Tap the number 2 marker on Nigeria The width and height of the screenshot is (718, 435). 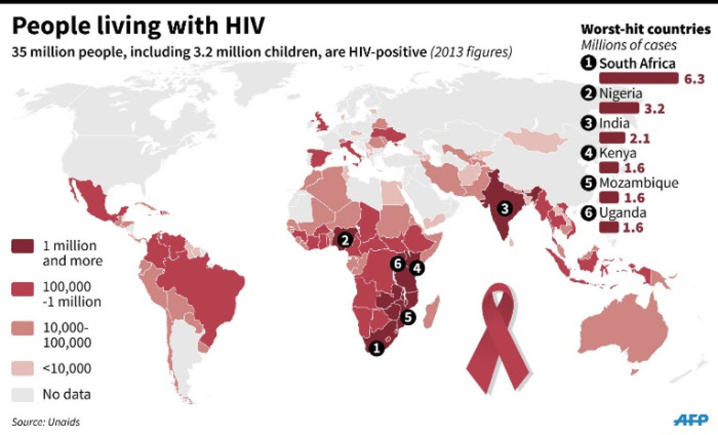(345, 240)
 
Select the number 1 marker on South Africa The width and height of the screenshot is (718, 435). (376, 347)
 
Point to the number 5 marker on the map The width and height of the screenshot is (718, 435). (407, 317)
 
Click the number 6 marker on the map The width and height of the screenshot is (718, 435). (397, 263)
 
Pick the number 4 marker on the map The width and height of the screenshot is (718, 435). (416, 267)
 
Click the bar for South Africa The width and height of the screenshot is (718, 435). (638, 78)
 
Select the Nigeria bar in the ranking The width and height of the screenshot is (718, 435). (618, 108)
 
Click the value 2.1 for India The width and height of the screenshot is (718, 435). (637, 138)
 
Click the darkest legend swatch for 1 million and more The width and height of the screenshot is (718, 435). (23, 246)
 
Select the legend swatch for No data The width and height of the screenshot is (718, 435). (23, 395)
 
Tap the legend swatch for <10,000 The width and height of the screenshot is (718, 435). (23, 368)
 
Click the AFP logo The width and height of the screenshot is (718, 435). (690, 420)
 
